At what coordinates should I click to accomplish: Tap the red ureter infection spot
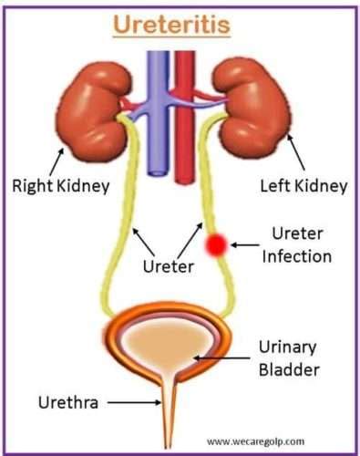[217, 244]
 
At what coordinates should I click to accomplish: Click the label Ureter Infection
[296, 244]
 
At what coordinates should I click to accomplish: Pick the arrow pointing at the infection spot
[242, 244]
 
